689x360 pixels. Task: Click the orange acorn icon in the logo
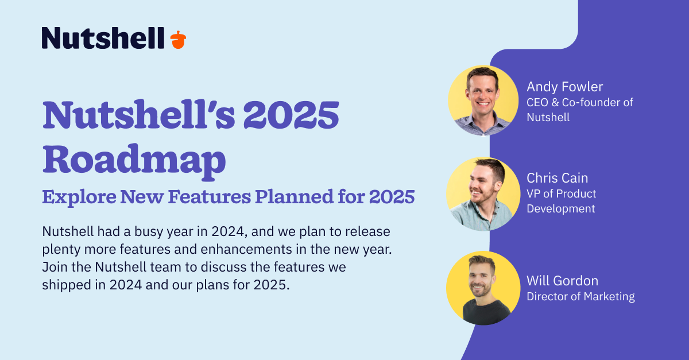(x=178, y=40)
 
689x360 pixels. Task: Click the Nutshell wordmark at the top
(x=103, y=38)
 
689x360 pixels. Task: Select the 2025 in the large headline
(x=291, y=115)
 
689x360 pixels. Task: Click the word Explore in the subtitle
(x=79, y=198)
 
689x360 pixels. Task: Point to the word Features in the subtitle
(x=210, y=196)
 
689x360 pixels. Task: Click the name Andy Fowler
(x=565, y=87)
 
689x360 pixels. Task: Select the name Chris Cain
(x=558, y=178)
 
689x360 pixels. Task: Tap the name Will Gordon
(x=563, y=281)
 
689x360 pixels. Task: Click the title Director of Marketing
(x=580, y=297)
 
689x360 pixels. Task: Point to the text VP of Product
(x=562, y=194)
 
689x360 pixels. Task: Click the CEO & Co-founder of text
(x=580, y=102)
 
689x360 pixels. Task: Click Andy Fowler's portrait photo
(x=483, y=100)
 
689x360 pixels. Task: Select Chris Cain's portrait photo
(x=483, y=194)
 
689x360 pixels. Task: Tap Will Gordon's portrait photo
(x=483, y=288)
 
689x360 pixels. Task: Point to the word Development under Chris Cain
(x=561, y=209)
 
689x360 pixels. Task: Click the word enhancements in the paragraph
(x=246, y=249)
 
